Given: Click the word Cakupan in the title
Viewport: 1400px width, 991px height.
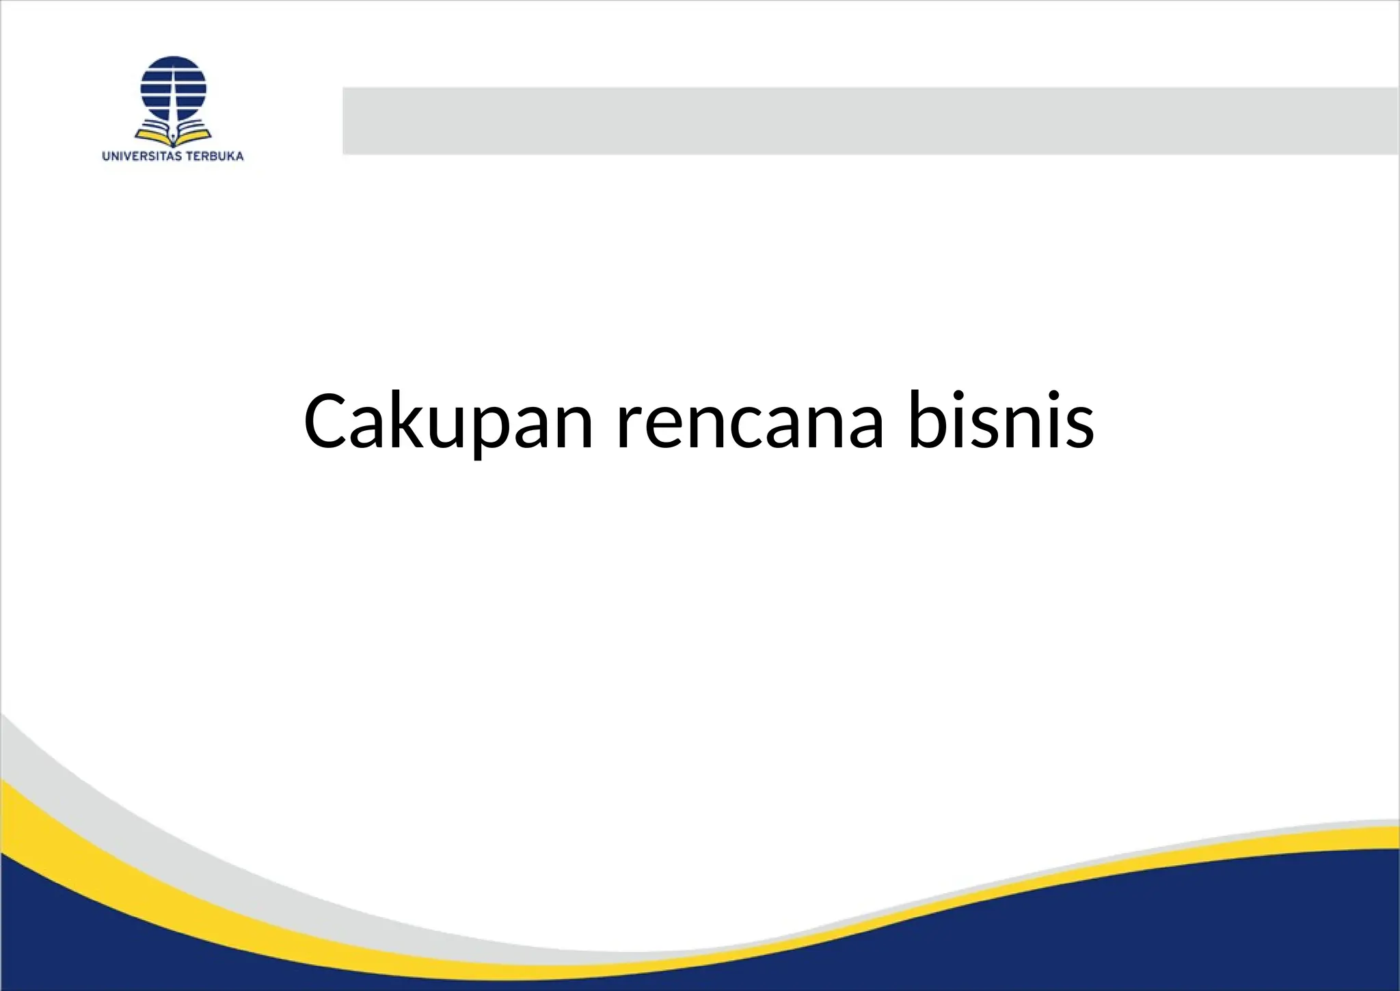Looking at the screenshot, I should point(448,422).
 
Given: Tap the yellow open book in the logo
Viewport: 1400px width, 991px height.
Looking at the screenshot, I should point(173,132).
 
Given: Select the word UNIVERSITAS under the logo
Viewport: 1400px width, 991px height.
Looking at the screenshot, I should point(142,156).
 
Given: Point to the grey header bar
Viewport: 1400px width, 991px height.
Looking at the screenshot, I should point(868,121).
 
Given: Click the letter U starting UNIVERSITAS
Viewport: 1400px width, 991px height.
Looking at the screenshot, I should point(106,156).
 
